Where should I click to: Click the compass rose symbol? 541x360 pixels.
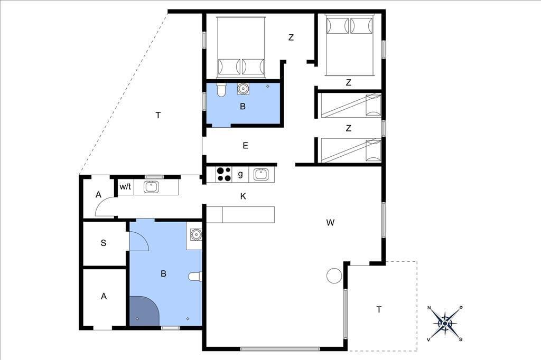tap(445, 324)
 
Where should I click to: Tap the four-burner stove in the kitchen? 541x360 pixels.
tap(223, 174)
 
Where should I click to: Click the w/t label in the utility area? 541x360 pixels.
tap(125, 187)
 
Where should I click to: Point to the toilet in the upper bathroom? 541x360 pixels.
tap(221, 90)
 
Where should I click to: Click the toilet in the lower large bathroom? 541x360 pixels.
tap(195, 277)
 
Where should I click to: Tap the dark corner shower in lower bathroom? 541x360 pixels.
tap(144, 310)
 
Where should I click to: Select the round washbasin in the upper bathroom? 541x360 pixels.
tap(243, 88)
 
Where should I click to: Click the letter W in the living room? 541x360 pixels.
tap(330, 223)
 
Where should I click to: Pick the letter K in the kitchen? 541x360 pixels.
tap(243, 196)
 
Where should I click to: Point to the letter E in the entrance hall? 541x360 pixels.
tap(245, 146)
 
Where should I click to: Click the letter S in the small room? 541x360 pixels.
tap(103, 243)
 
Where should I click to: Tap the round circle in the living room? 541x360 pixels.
tap(334, 276)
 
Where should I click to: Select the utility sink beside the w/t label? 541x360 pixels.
tap(151, 187)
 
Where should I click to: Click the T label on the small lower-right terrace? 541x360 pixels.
tap(379, 310)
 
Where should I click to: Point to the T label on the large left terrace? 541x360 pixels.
tap(158, 115)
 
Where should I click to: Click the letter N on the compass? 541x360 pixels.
tap(429, 308)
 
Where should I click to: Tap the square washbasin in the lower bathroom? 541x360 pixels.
tap(196, 234)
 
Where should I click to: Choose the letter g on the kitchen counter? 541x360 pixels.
tap(240, 174)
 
